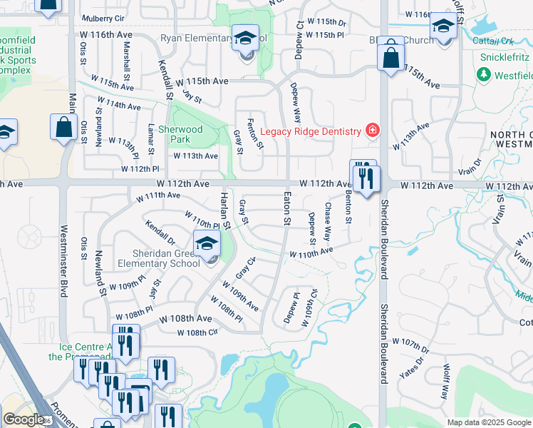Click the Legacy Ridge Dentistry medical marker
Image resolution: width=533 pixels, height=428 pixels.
[371, 130]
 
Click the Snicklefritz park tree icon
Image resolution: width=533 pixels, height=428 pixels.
[485, 74]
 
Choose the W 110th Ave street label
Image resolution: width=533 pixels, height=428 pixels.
[311, 252]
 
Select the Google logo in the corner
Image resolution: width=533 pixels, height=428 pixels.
[23, 419]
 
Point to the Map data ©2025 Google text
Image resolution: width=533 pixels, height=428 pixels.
[489, 422]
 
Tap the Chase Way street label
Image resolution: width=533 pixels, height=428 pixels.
[328, 220]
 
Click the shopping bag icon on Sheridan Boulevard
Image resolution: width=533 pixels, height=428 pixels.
[390, 56]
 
